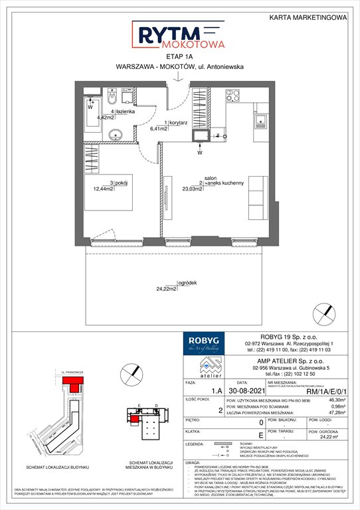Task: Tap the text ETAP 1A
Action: [x=179, y=58]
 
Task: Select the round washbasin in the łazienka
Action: [x=118, y=133]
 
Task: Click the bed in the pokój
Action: [x=122, y=193]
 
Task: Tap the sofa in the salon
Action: [x=256, y=199]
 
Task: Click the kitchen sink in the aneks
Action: [x=261, y=121]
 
